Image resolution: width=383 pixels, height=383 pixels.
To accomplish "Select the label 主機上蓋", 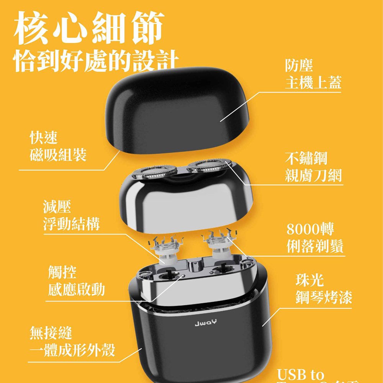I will [x=313, y=82].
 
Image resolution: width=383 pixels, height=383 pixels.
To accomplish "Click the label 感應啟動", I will [x=76, y=290].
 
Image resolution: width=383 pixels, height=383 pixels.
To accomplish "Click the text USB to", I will [x=300, y=374].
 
